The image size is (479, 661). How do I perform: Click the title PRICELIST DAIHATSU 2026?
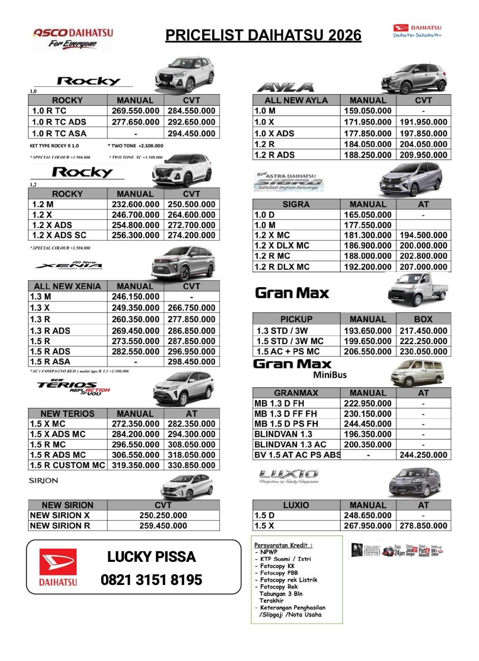click(x=263, y=36)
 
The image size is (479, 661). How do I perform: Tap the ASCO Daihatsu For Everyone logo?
click(x=73, y=38)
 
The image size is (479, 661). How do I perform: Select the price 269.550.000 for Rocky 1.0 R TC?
click(x=135, y=111)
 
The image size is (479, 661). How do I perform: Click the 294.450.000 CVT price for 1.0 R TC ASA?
click(x=191, y=133)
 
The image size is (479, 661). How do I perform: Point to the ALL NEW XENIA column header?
click(x=67, y=286)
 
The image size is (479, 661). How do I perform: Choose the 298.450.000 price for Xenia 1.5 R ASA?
click(x=191, y=361)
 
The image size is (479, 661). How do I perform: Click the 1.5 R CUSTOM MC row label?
click(x=67, y=465)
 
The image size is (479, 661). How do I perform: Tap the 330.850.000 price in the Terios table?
click(x=191, y=465)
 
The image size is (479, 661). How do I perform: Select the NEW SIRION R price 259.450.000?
click(x=163, y=525)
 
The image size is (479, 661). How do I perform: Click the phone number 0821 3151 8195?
click(x=151, y=580)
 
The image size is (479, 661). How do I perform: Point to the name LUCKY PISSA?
click(x=151, y=556)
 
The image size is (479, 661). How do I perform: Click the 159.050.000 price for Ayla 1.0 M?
click(x=367, y=111)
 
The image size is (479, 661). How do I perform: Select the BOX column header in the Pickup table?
click(x=423, y=319)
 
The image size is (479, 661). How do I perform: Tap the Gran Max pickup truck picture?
click(x=417, y=290)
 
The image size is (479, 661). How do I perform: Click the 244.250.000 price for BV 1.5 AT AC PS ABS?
click(x=423, y=455)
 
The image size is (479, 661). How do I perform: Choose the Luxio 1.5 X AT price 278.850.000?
click(x=423, y=525)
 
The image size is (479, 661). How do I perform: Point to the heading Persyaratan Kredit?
click(x=283, y=545)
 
